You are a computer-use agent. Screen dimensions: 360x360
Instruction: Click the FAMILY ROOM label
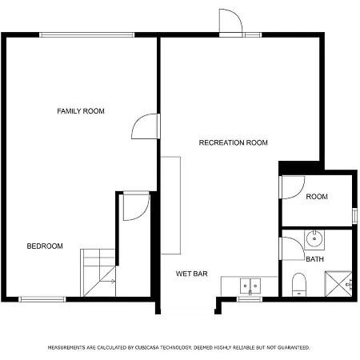click(81, 111)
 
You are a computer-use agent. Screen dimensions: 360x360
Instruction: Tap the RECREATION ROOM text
click(234, 142)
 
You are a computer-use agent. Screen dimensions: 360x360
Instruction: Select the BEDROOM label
click(45, 246)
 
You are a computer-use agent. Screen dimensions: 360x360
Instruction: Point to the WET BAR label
click(192, 274)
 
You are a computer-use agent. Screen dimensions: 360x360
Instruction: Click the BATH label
click(315, 259)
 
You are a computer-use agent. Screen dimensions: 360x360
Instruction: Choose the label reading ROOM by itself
click(317, 197)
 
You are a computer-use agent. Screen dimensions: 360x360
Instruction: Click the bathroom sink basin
click(314, 239)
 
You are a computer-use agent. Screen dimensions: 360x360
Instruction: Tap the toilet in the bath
click(299, 285)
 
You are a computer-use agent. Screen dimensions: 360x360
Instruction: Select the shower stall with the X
click(338, 284)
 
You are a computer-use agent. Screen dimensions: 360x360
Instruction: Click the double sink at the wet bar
click(250, 286)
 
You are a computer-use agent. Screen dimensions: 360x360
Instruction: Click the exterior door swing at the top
click(230, 21)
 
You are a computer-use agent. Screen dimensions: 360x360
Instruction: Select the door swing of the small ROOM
click(293, 187)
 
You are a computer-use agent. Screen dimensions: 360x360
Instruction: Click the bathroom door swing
click(294, 249)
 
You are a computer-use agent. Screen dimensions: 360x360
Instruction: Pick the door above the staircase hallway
click(136, 206)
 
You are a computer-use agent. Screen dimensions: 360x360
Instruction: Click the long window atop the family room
click(87, 34)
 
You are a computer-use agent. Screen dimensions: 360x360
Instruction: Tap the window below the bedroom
click(42, 299)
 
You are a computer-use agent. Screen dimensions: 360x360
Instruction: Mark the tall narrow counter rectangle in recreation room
click(170, 206)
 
